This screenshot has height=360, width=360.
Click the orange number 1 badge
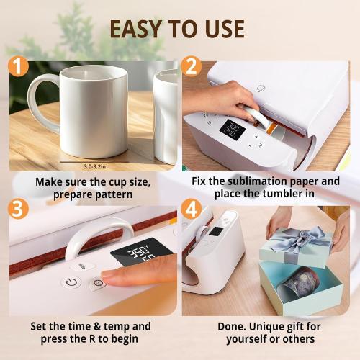coord(19,68)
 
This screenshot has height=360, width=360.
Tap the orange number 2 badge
coord(192,68)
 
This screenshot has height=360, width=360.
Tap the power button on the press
coord(71,282)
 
